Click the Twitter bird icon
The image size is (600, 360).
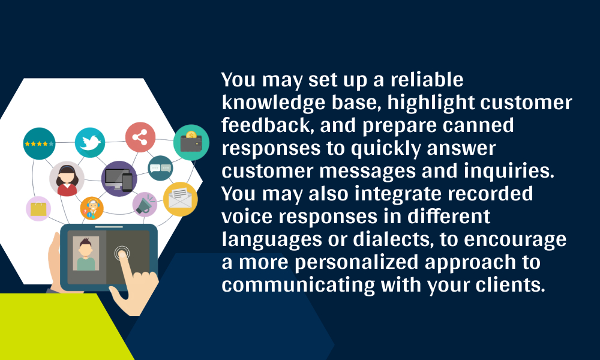pyautogui.click(x=90, y=143)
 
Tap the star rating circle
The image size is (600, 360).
pyautogui.click(x=38, y=144)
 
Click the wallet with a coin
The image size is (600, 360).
pyautogui.click(x=191, y=142)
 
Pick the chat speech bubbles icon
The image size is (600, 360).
pyautogui.click(x=160, y=168)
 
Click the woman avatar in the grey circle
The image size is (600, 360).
pyautogui.click(x=67, y=179)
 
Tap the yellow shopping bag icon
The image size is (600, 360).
pyautogui.click(x=38, y=209)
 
